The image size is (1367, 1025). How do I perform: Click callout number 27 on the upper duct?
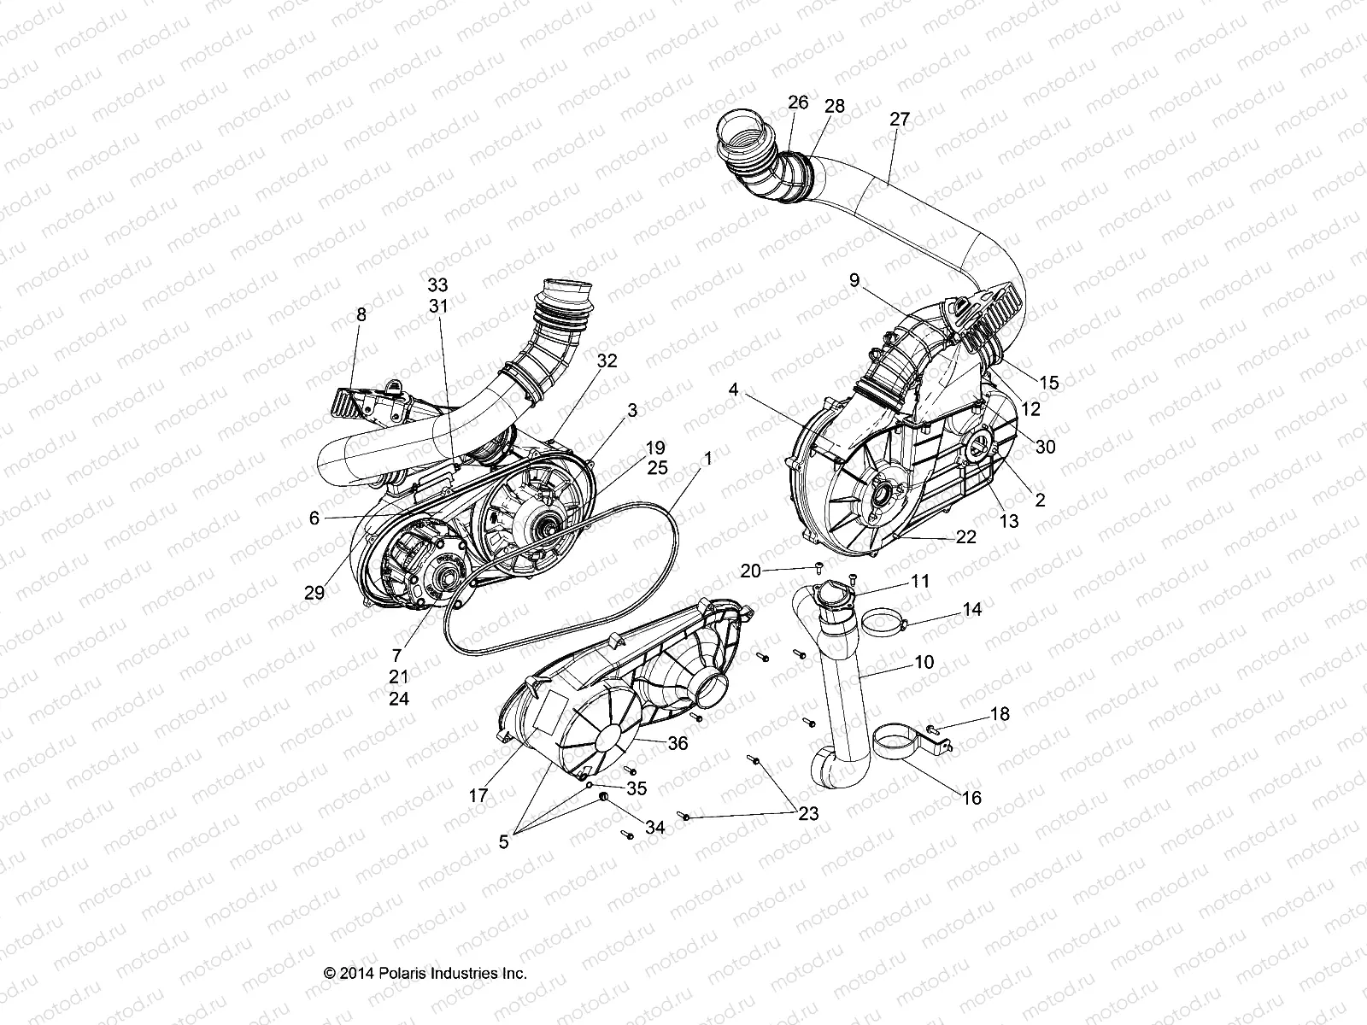(900, 119)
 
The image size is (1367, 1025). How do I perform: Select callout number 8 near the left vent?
(361, 315)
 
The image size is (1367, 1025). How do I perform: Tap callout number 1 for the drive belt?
(707, 458)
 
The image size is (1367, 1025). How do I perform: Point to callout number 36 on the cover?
(678, 743)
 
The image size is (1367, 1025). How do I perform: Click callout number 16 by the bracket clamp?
(971, 798)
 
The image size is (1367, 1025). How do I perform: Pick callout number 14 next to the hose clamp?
(972, 610)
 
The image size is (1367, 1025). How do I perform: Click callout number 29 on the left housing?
(314, 592)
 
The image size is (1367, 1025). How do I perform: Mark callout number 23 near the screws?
(808, 814)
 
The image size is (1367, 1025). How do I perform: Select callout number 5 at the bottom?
(503, 841)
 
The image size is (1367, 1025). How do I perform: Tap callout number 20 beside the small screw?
(750, 571)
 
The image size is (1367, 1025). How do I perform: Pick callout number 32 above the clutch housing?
(631, 360)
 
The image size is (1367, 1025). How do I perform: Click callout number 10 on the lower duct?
(900, 662)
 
